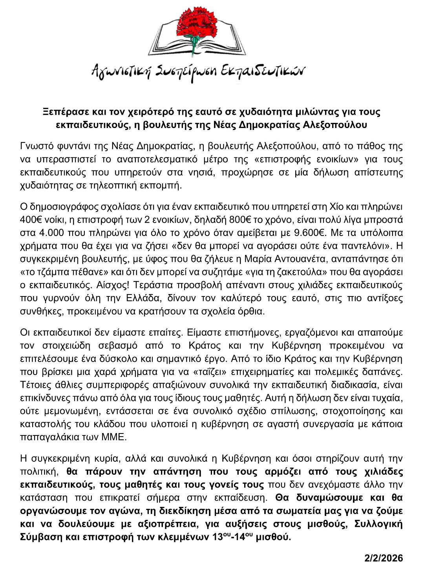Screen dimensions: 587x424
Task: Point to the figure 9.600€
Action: (309, 233)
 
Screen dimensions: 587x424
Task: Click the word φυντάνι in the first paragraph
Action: (71, 146)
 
